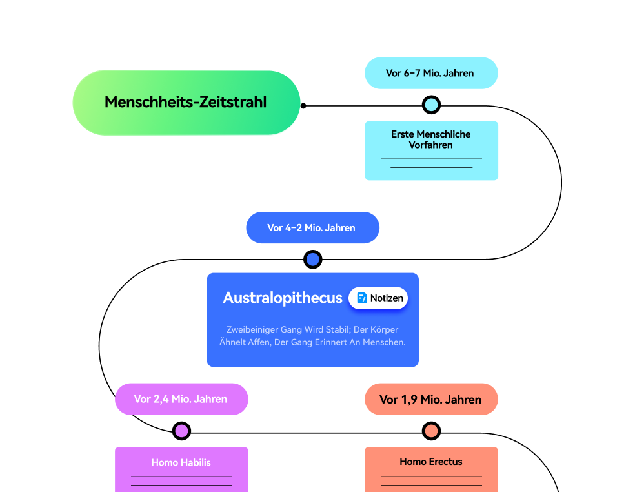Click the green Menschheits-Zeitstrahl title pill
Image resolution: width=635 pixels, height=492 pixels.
pos(186,103)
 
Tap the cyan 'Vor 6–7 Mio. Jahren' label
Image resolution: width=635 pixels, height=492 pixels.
pos(430,73)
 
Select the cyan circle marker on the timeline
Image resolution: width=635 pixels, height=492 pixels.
pos(431,105)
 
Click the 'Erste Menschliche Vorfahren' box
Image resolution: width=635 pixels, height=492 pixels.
pos(431,150)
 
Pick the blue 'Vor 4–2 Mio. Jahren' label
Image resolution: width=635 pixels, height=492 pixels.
pos(312,228)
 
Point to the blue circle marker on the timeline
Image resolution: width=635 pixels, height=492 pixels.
pos(313,260)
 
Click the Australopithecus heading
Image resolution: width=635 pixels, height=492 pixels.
pos(283,298)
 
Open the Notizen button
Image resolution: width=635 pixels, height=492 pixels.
pos(379,298)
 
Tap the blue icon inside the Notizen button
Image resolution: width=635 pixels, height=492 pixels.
pos(362,298)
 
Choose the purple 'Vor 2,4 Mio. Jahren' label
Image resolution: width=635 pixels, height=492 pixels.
pos(181,399)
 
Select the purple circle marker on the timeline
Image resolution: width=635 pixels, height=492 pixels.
pos(182,431)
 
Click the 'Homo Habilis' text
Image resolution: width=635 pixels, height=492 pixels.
pos(181,462)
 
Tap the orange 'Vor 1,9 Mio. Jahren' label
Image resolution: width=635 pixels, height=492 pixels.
pos(430,400)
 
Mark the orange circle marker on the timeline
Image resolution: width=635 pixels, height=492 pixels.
pos(431,431)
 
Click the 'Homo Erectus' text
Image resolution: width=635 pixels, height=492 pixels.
pos(431,462)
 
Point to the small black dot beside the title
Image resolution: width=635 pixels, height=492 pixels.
pos(303,105)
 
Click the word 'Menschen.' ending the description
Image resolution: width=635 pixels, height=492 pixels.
pos(385,342)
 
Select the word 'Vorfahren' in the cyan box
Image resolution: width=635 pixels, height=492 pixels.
pos(430,145)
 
